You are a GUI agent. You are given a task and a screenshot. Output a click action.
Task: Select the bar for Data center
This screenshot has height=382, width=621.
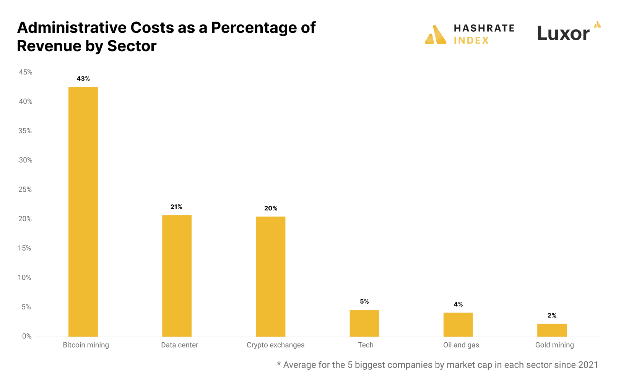pyautogui.click(x=177, y=275)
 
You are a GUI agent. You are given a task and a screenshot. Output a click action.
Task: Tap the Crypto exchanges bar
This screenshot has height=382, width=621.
pyautogui.click(x=270, y=276)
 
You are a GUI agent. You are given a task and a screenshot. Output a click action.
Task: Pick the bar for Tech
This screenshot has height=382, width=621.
pyautogui.click(x=364, y=323)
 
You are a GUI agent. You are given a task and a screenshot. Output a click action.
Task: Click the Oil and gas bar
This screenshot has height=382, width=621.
pyautogui.click(x=458, y=324)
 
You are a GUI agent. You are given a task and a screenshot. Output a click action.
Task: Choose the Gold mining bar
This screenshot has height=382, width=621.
pyautogui.click(x=552, y=330)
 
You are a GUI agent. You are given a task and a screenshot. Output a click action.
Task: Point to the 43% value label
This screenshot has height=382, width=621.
pyautogui.click(x=83, y=79)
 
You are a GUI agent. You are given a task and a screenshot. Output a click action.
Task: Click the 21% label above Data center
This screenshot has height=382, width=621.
pyautogui.click(x=176, y=207)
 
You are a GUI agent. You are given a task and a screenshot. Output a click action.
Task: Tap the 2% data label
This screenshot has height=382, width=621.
pyautogui.click(x=552, y=316)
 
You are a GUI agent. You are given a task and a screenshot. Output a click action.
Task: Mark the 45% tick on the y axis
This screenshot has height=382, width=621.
pyautogui.click(x=25, y=72)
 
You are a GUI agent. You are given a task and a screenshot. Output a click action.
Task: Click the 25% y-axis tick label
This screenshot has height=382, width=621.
pyautogui.click(x=25, y=189)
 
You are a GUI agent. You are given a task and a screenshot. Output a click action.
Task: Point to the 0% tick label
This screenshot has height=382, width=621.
pyautogui.click(x=27, y=336)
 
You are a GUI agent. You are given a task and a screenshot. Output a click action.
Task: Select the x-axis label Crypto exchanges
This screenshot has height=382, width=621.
pyautogui.click(x=275, y=345)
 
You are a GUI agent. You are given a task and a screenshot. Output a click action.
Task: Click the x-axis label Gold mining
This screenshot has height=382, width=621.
pyautogui.click(x=554, y=345)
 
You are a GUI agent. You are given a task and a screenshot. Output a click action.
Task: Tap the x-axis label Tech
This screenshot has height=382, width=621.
pyautogui.click(x=366, y=345)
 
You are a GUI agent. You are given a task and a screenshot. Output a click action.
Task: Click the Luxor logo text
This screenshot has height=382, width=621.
pyautogui.click(x=563, y=34)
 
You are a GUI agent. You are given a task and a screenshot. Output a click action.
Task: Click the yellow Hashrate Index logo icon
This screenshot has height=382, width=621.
pyautogui.click(x=436, y=35)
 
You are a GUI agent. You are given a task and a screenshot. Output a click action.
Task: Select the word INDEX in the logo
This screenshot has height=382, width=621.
pyautogui.click(x=471, y=40)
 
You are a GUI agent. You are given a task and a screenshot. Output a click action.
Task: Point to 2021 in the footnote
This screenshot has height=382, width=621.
pyautogui.click(x=588, y=365)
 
